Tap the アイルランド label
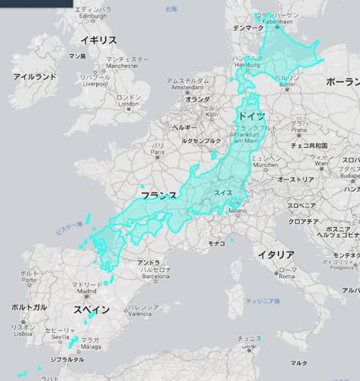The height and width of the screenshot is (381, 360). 35,77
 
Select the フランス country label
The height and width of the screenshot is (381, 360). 159,196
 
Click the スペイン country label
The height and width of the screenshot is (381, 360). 92,310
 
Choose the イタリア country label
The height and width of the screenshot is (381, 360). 276,254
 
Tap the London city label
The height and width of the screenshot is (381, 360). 128,104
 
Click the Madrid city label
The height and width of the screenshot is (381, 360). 85,290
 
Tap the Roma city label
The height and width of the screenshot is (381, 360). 288,277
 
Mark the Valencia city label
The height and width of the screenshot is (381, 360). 139,313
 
